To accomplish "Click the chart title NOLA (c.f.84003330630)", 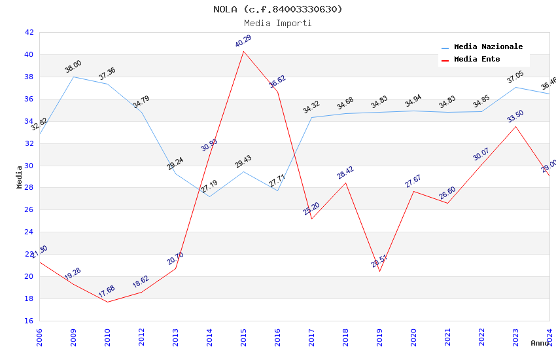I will [278, 9].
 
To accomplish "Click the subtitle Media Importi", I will [278, 23].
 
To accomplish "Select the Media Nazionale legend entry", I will [488, 47].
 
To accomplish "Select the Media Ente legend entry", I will [477, 60].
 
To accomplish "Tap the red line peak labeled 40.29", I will [243, 51].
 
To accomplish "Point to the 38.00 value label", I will [73, 67].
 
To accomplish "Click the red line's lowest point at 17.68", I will [107, 302].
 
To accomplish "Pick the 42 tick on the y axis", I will [29, 32].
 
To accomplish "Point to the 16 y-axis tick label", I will [29, 321].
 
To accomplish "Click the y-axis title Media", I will [20, 177].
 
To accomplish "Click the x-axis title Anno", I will [540, 343].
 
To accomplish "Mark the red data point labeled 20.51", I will [379, 271].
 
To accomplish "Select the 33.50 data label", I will [515, 117].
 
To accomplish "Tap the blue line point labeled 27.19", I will [209, 196].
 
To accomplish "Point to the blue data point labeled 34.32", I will [311, 118].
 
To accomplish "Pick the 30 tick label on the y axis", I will [29, 166].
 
